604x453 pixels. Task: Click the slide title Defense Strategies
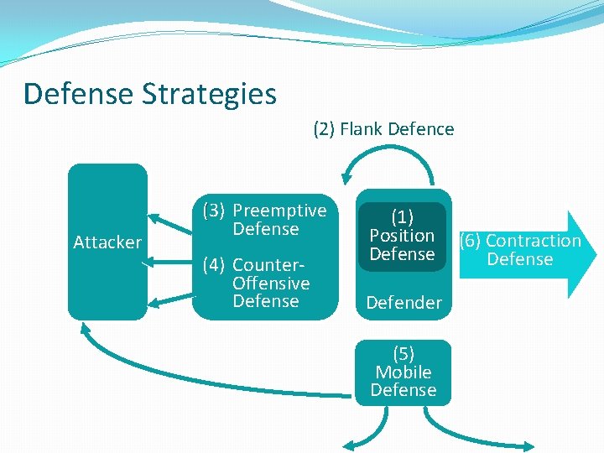click(x=150, y=93)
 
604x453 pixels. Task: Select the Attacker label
click(x=107, y=242)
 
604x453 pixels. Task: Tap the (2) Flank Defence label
click(x=383, y=129)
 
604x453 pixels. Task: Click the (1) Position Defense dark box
click(x=402, y=236)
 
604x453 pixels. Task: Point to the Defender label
click(x=404, y=303)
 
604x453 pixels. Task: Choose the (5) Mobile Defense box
click(x=403, y=372)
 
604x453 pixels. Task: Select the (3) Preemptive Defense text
click(x=265, y=220)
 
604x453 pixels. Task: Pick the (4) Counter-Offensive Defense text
click(x=264, y=283)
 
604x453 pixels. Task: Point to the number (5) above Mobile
click(x=403, y=354)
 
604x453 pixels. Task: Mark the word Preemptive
click(x=279, y=211)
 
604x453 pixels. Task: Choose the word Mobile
click(x=404, y=372)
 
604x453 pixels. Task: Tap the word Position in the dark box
click(x=402, y=236)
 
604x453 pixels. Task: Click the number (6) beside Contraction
click(x=471, y=241)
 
